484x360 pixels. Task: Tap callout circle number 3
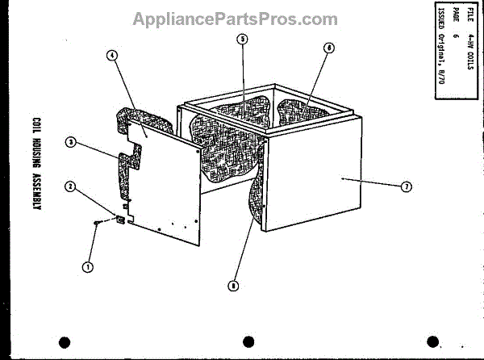[70, 143]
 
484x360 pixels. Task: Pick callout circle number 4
[111, 56]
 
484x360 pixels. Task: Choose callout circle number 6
[328, 48]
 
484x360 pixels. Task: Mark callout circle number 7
[407, 187]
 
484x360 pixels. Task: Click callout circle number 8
[233, 285]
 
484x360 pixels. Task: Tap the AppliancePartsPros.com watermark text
[236, 19]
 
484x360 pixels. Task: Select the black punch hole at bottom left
[65, 341]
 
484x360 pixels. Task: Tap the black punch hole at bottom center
[248, 341]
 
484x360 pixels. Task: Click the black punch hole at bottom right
[434, 341]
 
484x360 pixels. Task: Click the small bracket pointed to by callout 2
[120, 218]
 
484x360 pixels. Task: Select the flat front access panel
[165, 190]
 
